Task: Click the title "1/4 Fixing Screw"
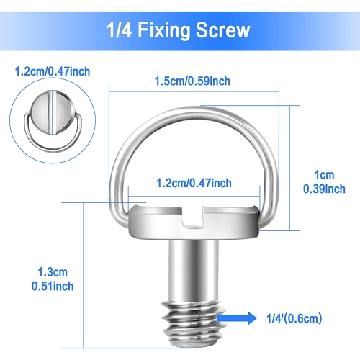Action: click(x=180, y=31)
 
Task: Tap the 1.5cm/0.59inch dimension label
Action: click(x=194, y=81)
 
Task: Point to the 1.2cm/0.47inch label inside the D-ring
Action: click(x=194, y=183)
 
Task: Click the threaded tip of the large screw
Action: click(x=194, y=313)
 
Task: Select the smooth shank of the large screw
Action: click(x=194, y=266)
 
